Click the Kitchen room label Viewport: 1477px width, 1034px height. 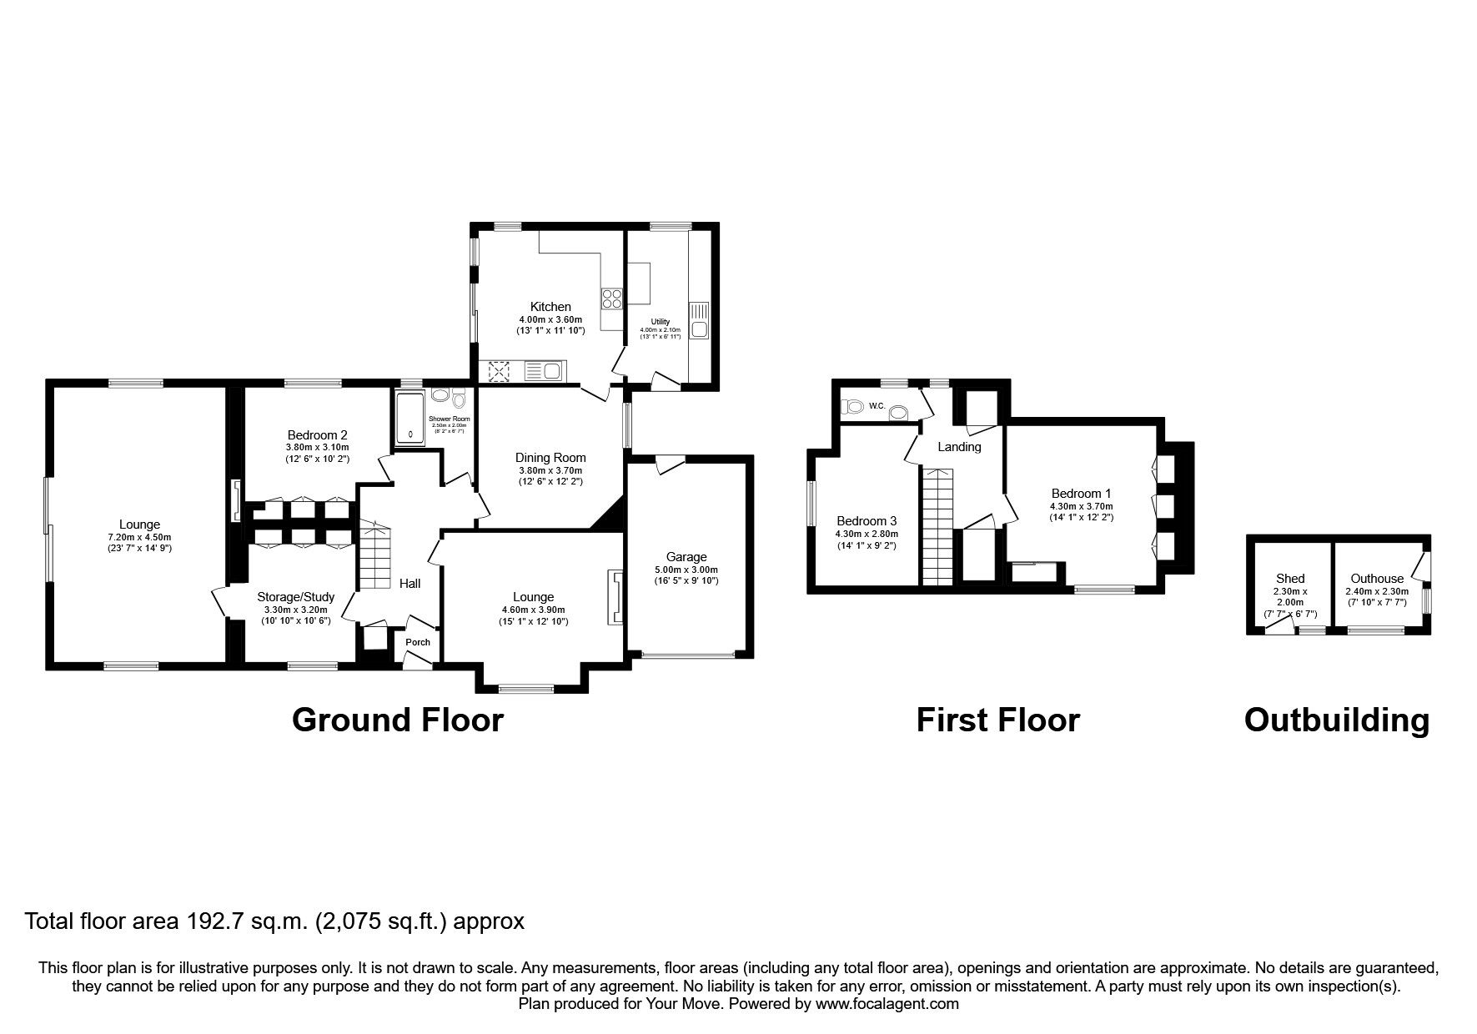click(x=550, y=307)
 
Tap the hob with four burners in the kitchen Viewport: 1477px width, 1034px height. click(x=611, y=298)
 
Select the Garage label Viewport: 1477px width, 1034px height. click(x=686, y=557)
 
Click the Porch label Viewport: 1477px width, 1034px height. click(x=418, y=642)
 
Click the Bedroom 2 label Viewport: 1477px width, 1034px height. click(x=317, y=434)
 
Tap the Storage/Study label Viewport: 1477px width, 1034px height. click(x=295, y=597)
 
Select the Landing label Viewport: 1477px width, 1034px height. click(x=959, y=447)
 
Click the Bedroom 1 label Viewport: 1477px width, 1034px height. click(x=1081, y=494)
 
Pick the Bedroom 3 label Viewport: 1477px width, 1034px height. click(x=867, y=521)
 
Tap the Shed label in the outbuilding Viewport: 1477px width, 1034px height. click(x=1290, y=579)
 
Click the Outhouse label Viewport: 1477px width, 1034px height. click(x=1377, y=579)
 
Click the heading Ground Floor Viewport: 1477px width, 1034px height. click(x=398, y=720)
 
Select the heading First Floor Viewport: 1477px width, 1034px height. click(x=997, y=720)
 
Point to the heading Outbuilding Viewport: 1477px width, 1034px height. click(x=1336, y=720)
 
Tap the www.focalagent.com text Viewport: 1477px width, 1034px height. click(x=887, y=1004)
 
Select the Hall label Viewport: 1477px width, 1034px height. click(x=409, y=584)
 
